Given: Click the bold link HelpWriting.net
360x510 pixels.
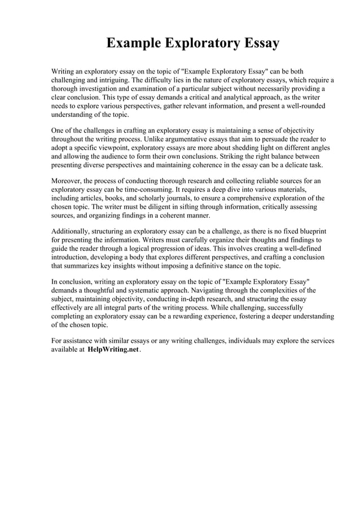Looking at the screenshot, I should (113, 350).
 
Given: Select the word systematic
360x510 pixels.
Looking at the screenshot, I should (149, 291).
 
